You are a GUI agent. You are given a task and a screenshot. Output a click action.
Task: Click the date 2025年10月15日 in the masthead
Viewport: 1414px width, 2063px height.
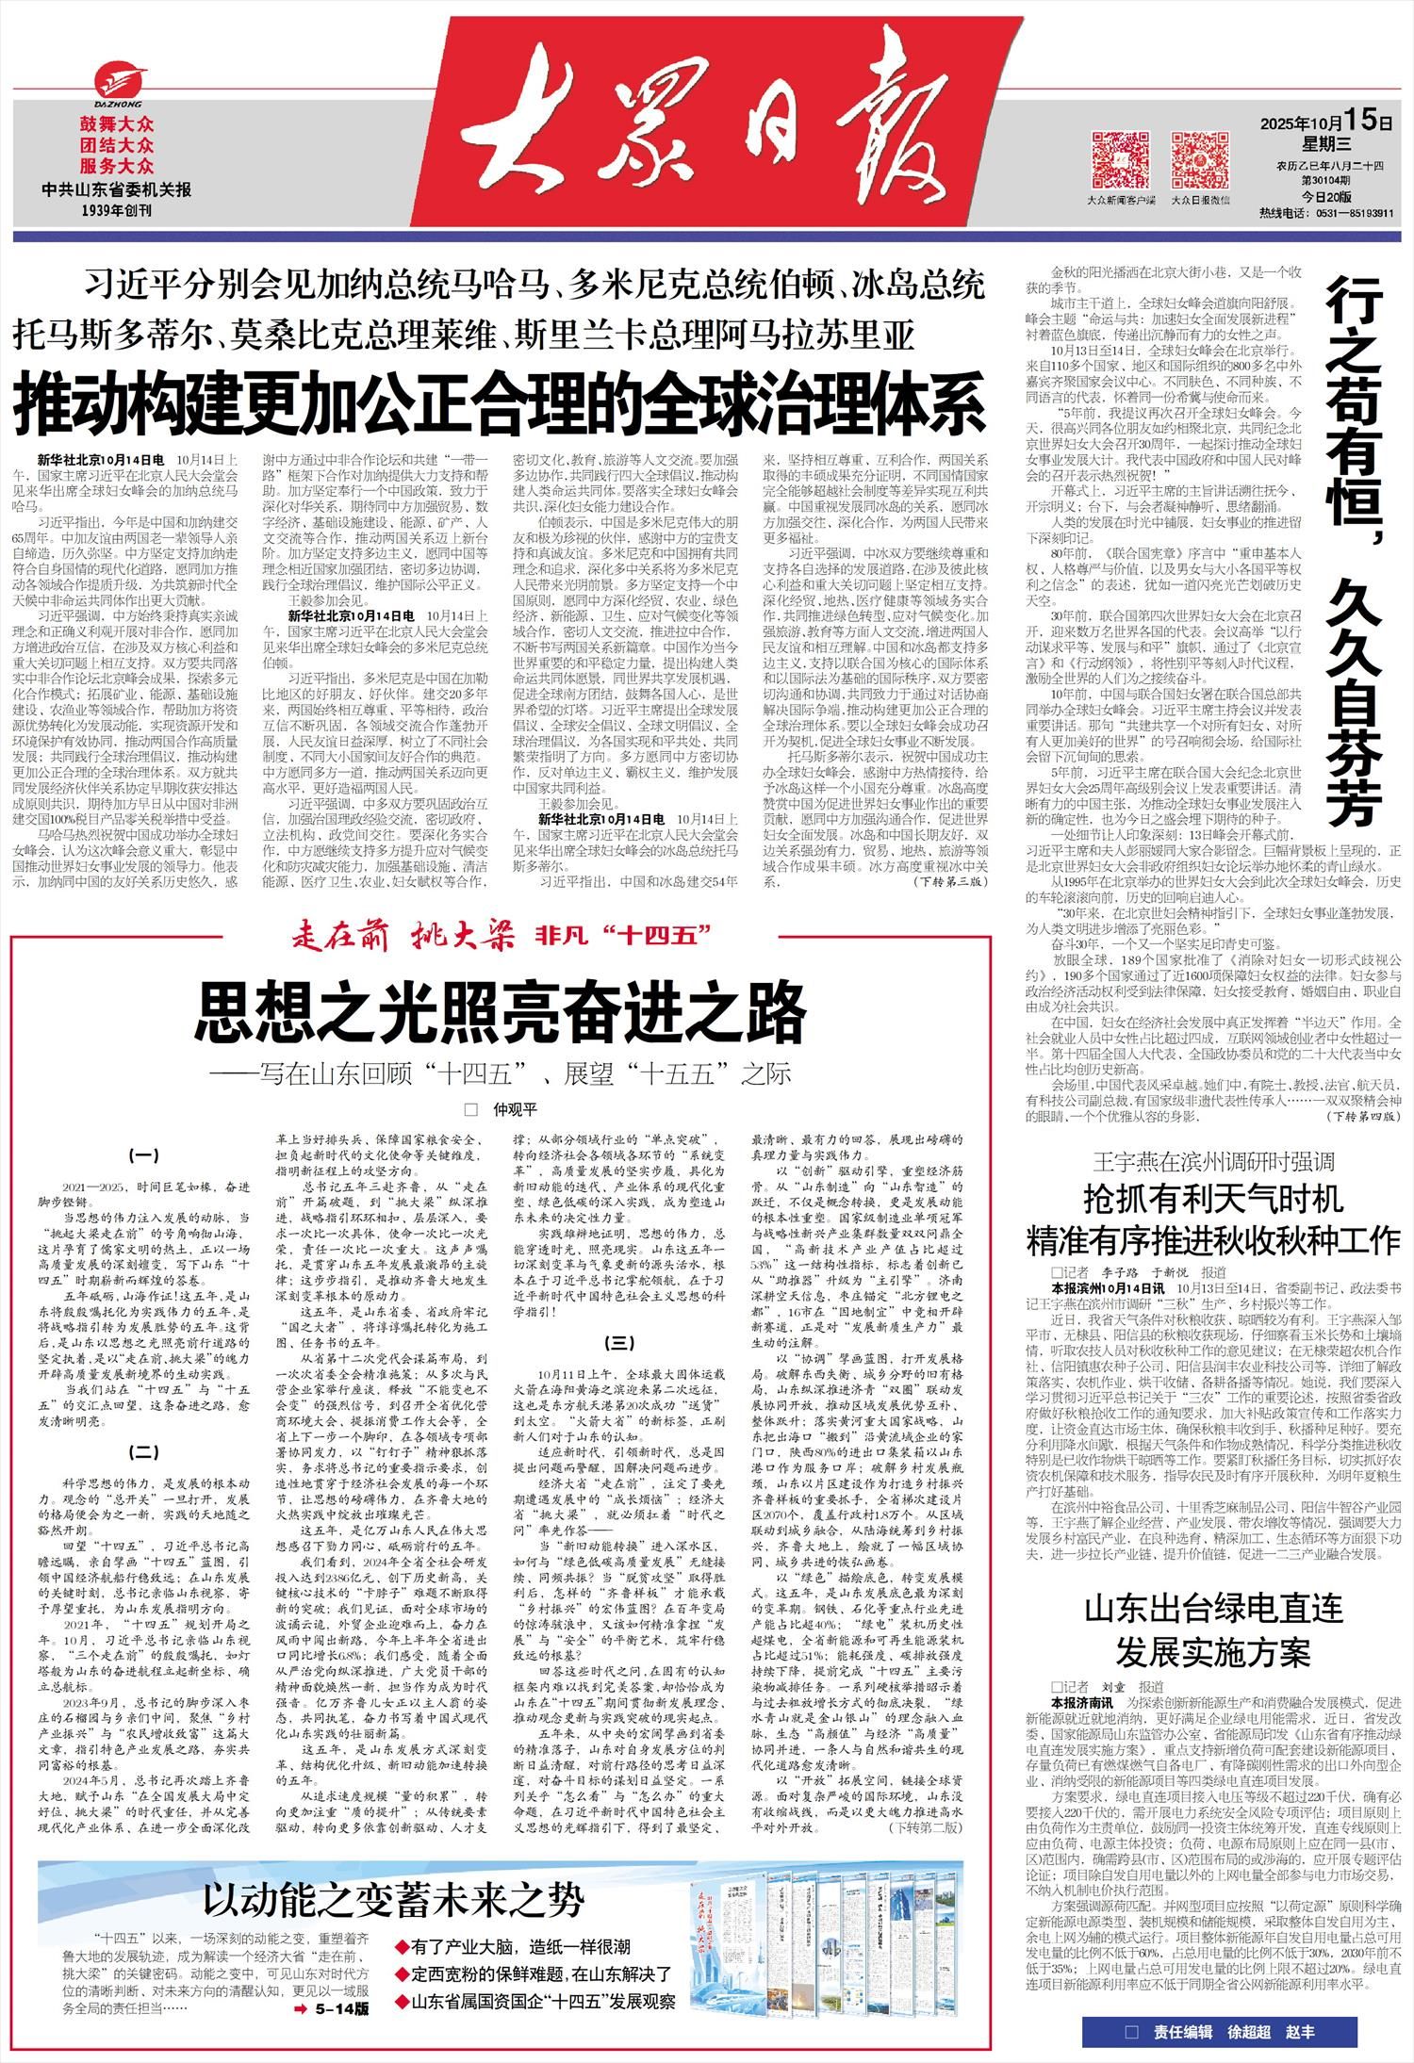tap(1325, 122)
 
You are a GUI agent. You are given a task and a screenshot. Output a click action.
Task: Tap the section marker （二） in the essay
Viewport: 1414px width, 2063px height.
tap(143, 1452)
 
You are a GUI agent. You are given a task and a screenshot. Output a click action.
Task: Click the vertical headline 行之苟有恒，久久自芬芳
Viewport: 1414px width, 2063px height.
tap(1355, 547)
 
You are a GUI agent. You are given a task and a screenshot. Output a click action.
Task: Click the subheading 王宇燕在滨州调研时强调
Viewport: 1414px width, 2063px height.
tap(1213, 1160)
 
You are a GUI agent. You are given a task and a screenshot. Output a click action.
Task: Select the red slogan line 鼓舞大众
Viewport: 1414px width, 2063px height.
tap(116, 123)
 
